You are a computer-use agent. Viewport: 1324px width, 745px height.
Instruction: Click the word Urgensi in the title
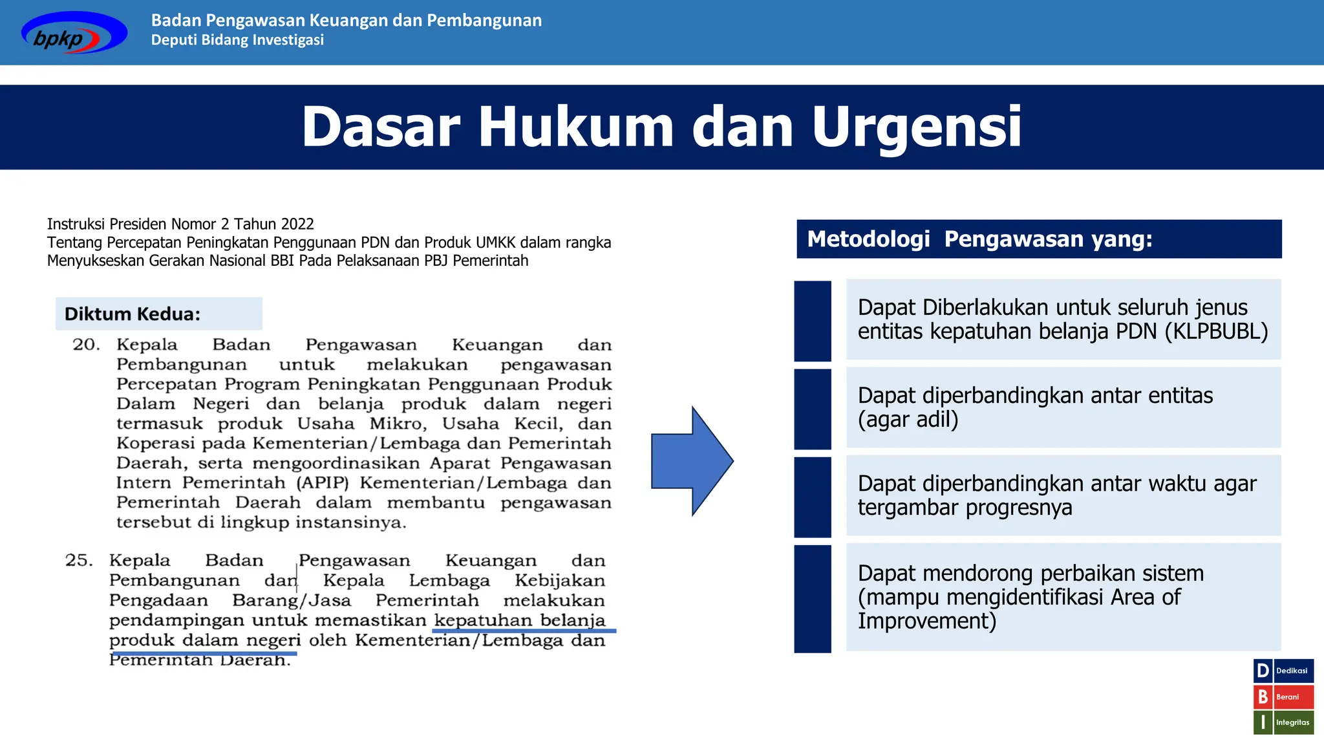(x=916, y=127)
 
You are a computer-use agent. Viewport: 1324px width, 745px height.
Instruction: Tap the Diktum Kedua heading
(x=133, y=314)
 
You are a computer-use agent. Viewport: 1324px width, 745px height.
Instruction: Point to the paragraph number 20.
(x=86, y=345)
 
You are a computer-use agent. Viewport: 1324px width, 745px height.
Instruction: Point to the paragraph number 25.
(x=79, y=561)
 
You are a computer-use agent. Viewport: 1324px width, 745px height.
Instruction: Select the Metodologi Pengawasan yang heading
(x=979, y=239)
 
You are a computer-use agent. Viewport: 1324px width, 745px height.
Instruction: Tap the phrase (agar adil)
(x=908, y=420)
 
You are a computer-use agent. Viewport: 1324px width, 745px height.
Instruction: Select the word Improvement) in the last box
(x=926, y=621)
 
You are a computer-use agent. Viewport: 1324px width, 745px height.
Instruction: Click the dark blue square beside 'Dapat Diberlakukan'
(x=813, y=321)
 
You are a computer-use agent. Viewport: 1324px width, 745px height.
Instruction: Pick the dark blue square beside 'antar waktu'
(x=813, y=497)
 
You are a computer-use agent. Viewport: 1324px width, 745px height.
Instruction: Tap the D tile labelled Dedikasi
(x=1263, y=671)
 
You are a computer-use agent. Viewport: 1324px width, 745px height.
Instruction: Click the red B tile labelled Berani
(x=1263, y=697)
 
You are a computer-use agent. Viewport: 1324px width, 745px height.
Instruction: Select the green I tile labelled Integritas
(x=1263, y=722)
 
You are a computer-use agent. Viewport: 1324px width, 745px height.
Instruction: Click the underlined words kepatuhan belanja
(x=520, y=620)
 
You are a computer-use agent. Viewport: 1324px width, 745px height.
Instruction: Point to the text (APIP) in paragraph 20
(x=323, y=483)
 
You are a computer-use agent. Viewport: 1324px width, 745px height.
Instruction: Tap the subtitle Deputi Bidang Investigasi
(x=237, y=40)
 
